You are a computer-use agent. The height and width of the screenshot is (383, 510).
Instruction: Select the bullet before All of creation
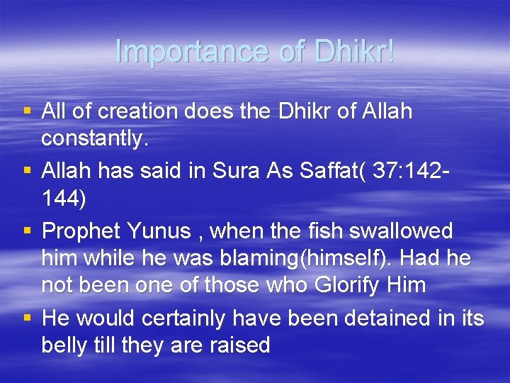27,111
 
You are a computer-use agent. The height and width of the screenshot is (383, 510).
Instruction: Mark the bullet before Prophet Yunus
27,230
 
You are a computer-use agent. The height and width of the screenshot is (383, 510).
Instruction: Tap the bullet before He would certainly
27,317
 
